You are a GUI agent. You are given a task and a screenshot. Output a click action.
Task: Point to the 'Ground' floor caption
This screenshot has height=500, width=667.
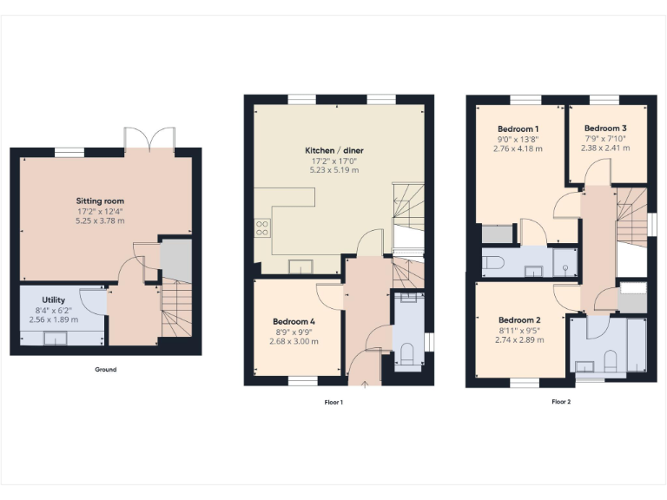coord(105,370)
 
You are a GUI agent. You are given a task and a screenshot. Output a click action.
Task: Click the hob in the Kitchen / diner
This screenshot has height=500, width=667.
coord(261,229)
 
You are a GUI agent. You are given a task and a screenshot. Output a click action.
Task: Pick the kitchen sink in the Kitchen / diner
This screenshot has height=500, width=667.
coord(301,265)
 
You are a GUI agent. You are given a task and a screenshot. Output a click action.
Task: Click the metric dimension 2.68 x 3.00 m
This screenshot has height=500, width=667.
coord(294,341)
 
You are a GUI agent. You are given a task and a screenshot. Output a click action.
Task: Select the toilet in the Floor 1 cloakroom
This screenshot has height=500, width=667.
coord(406,354)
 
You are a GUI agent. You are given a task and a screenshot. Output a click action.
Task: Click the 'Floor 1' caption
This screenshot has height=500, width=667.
coord(333,402)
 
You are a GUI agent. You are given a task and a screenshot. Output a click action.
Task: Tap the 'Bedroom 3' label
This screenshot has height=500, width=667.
coord(604,128)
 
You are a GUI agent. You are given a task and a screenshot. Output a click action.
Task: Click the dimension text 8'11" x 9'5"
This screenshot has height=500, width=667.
coord(520,330)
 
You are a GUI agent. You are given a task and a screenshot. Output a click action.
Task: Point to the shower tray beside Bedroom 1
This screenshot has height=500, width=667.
coord(565,260)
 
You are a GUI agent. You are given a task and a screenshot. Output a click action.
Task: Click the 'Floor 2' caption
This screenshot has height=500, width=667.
coord(561,402)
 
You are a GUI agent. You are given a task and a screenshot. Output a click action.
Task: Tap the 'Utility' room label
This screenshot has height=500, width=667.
coord(54,299)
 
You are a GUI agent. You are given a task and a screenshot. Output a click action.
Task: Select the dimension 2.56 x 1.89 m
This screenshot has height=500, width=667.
coord(54,319)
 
